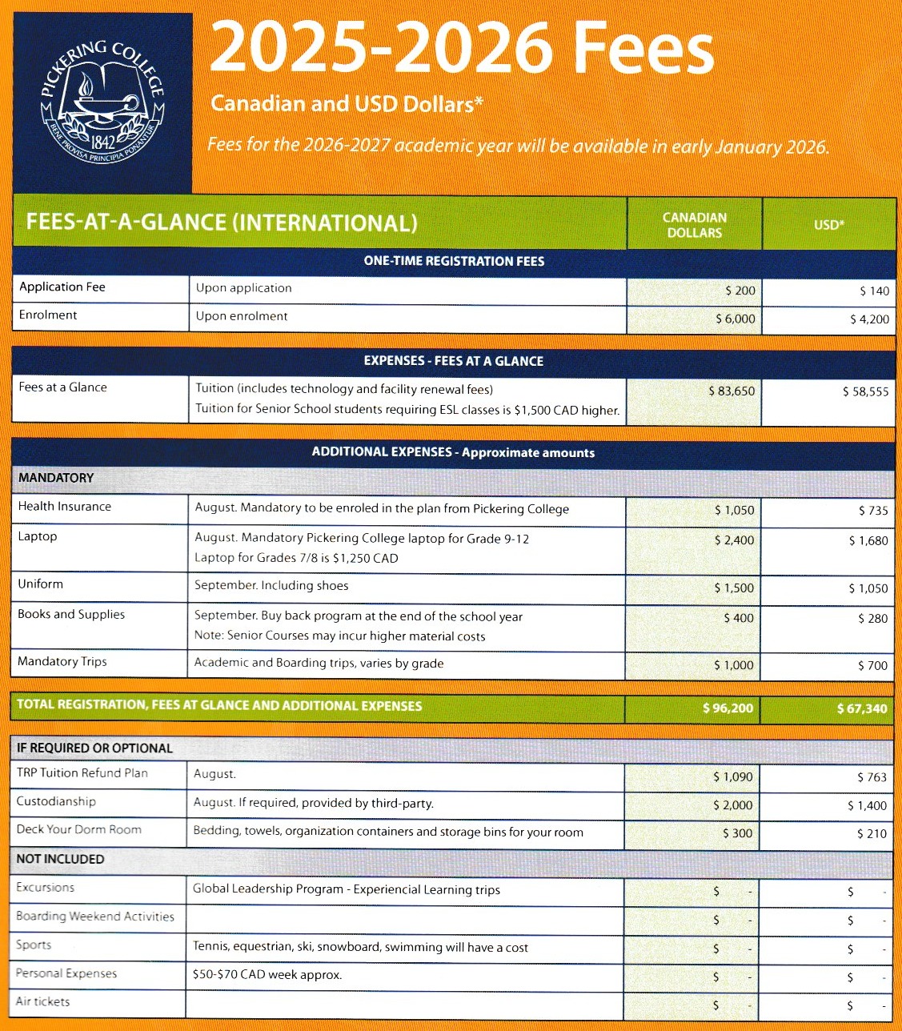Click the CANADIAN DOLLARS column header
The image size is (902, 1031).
coord(694,225)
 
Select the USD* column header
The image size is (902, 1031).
coord(829,225)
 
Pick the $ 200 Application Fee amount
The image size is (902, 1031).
coord(740,291)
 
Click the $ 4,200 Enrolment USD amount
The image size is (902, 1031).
coord(869,319)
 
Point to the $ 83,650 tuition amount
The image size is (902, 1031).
coord(732,391)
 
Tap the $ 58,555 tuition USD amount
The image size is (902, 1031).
coord(865,391)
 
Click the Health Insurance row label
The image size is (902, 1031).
coord(65,507)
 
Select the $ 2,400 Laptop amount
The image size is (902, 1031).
coord(734,540)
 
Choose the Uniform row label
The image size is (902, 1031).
coord(41,584)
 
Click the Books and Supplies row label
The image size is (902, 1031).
coord(71,615)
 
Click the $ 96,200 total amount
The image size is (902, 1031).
coord(728,708)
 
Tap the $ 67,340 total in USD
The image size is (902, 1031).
coord(861,708)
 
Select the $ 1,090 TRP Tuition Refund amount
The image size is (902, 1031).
coord(733,777)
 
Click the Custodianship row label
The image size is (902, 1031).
coord(56,802)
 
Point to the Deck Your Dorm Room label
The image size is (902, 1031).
coord(79,830)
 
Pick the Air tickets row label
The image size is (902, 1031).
coord(43,1002)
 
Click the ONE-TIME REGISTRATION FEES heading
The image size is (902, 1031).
coord(454,262)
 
